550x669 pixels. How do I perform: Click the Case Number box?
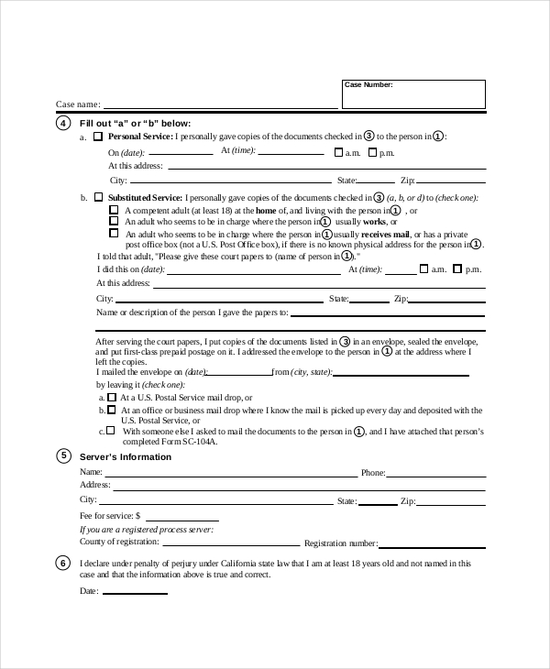click(413, 95)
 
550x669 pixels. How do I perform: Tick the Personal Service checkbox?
click(99, 137)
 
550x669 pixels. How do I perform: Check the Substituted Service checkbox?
click(99, 197)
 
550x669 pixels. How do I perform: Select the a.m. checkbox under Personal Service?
click(338, 152)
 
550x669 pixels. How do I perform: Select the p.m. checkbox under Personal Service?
click(373, 152)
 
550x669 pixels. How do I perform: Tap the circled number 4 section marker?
click(63, 123)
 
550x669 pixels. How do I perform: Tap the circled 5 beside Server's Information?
click(63, 456)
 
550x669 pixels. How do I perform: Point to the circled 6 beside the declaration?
click(63, 564)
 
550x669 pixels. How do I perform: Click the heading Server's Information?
click(126, 457)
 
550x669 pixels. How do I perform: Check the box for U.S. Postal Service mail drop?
click(112, 398)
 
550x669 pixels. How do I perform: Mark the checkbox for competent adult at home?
click(114, 210)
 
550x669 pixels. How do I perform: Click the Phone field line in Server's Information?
click(436, 475)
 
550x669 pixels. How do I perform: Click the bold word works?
click(374, 222)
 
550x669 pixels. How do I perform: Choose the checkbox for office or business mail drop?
click(112, 411)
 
